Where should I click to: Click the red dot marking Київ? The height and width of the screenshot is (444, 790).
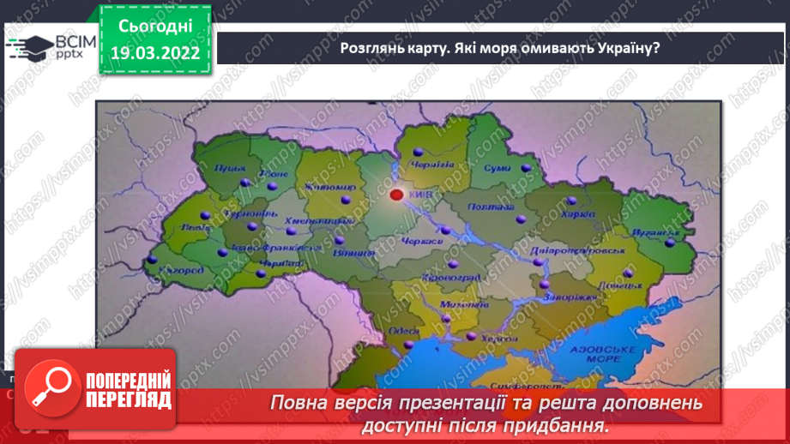click(x=396, y=195)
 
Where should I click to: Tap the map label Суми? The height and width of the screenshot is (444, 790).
click(x=497, y=168)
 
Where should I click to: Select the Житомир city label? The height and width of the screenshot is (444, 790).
click(x=318, y=186)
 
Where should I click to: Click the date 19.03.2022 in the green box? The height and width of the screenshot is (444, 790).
click(x=154, y=53)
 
